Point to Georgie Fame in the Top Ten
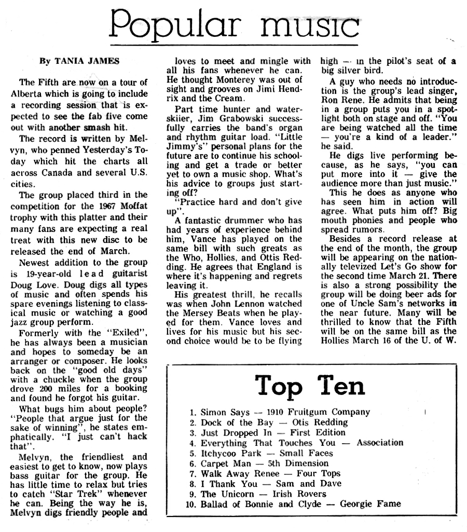pos(370,504)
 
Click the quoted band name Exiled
pos(122,333)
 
